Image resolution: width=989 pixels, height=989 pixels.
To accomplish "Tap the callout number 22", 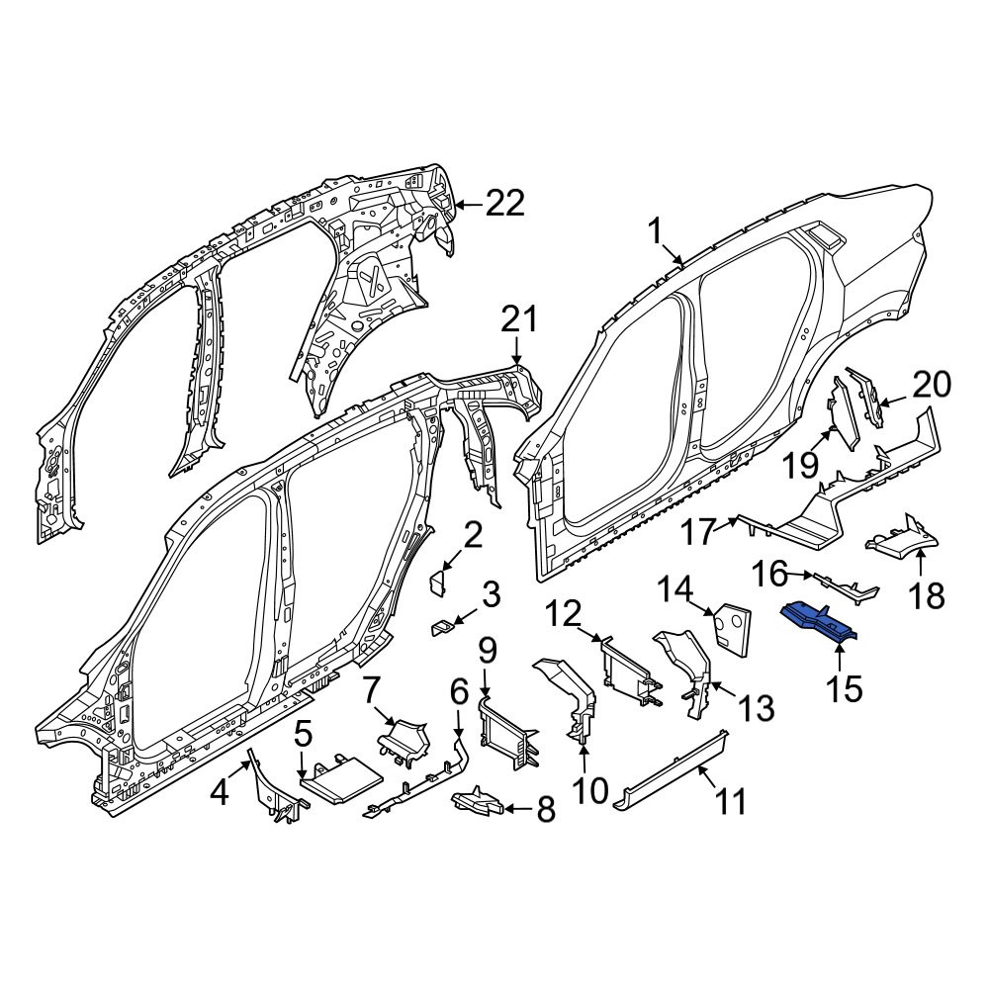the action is (504, 204).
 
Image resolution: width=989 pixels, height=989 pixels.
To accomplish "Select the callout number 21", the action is (519, 319).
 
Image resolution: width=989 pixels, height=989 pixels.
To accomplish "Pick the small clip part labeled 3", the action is (442, 628).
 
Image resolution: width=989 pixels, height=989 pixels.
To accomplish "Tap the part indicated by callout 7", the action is (404, 738).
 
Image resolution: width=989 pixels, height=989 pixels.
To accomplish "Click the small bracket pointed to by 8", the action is (478, 800).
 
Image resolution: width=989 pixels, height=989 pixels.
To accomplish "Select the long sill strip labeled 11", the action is (671, 769).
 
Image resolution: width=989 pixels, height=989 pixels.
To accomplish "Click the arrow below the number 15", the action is (840, 661).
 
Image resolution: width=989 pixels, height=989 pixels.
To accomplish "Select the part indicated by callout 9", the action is (508, 733).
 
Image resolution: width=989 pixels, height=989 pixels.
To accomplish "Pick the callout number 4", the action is (219, 792).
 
